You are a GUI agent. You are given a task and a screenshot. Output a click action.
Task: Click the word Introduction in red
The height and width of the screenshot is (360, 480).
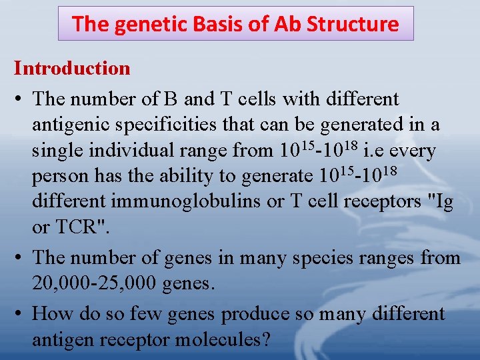[x=72, y=69]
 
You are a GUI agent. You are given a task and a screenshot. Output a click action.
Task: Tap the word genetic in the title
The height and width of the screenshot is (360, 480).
[x=141, y=25]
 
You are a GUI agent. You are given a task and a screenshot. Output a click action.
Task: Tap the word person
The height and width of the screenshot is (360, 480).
[x=57, y=177]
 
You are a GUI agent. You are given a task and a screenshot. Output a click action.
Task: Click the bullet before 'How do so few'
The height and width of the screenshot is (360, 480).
[x=19, y=314]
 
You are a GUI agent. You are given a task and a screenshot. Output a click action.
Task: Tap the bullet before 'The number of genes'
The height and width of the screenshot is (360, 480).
[x=19, y=258]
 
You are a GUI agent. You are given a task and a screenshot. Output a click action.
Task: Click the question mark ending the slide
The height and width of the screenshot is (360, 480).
[x=265, y=340]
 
